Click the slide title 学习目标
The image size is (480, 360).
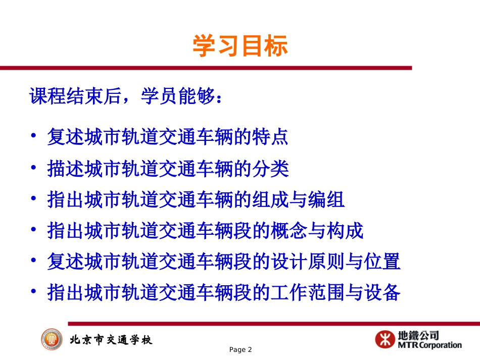point(240,46)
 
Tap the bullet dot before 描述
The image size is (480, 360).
point(34,169)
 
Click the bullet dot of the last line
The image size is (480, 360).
point(34,293)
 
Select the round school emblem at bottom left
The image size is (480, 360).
point(52,339)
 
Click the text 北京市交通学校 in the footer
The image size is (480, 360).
point(111,340)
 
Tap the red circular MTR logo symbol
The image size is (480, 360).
point(385,339)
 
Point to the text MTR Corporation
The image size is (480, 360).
point(429,345)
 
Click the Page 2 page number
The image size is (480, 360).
point(240,350)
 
